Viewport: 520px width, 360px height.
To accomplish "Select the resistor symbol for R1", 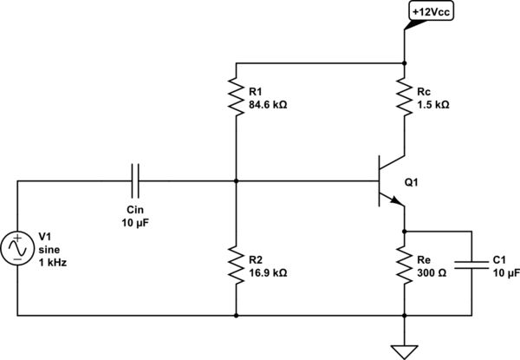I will tap(235, 95).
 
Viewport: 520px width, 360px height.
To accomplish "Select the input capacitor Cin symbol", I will tap(136, 182).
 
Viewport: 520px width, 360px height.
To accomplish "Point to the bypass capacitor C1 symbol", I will tap(472, 265).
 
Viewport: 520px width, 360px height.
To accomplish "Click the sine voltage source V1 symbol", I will tap(17, 248).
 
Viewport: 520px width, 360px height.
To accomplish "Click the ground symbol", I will tap(405, 350).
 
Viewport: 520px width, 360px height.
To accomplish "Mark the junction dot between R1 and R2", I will tap(235, 182).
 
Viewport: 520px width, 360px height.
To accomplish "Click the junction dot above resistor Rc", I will tap(405, 62).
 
